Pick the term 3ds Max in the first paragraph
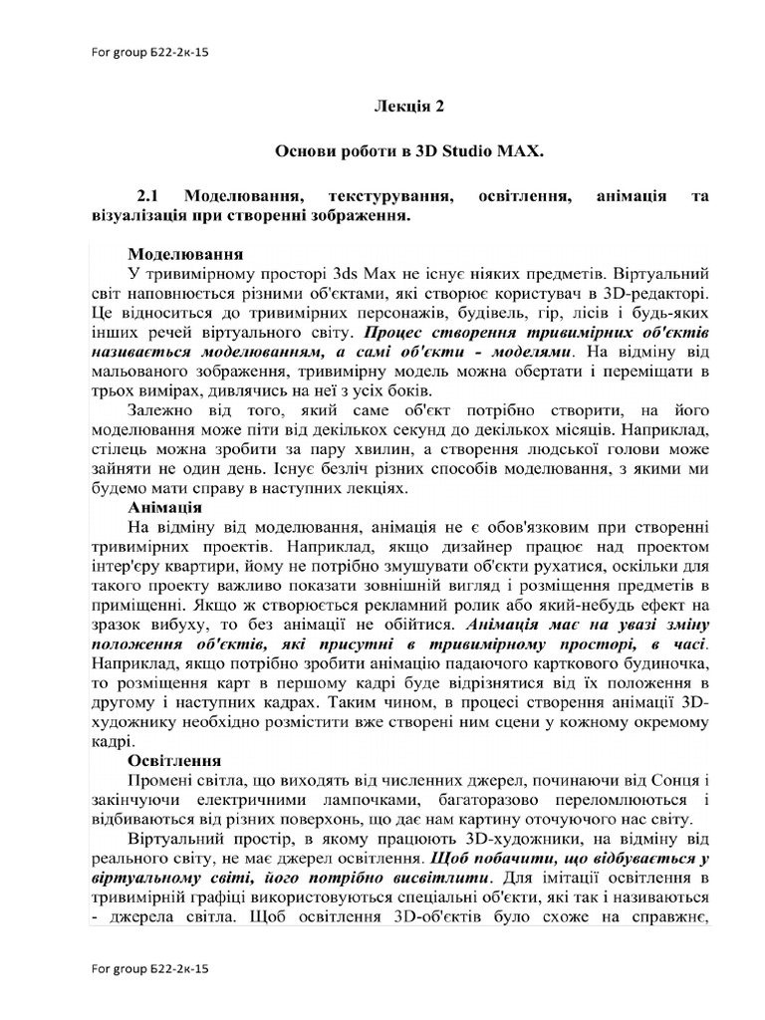pyautogui.click(x=362, y=271)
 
